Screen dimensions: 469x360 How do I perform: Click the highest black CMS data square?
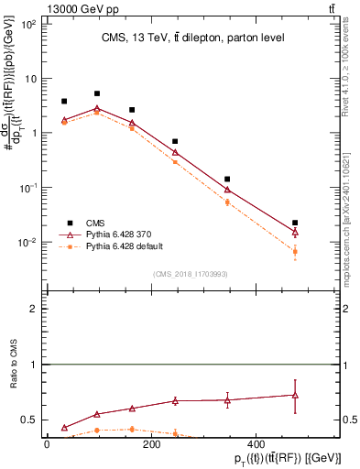(97, 93)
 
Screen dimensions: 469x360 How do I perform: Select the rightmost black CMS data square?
(294, 223)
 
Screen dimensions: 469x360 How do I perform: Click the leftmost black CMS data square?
(64, 102)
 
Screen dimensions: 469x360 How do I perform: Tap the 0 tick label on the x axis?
(47, 444)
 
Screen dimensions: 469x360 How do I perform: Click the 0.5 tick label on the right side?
(338, 420)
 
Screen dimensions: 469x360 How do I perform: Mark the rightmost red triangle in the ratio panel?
(294, 395)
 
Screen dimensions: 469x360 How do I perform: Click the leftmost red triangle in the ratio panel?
(64, 428)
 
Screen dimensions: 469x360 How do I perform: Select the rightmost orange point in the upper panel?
(294, 251)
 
